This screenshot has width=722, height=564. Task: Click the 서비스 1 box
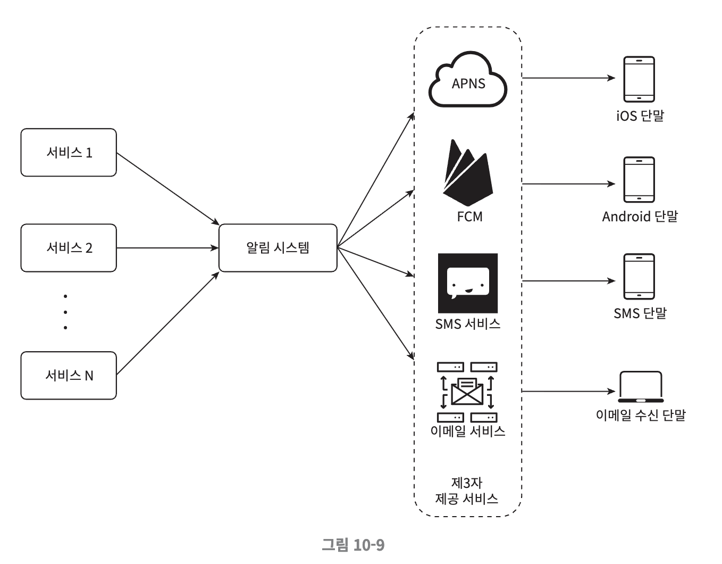[69, 153]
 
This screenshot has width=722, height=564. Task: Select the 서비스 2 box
[69, 248]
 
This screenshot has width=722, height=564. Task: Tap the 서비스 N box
[69, 376]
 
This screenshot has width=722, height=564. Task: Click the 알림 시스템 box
[278, 248]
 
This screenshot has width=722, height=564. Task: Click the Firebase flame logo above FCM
[467, 173]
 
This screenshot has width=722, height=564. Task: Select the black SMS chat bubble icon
[468, 283]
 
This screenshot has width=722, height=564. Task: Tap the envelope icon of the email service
[467, 392]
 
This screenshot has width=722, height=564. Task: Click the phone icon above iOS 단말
[639, 79]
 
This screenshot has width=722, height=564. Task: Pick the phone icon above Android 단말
[639, 180]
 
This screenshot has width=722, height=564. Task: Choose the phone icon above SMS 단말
[639, 277]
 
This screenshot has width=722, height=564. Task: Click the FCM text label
[470, 217]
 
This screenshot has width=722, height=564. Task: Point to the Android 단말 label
[640, 217]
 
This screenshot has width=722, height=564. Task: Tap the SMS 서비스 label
[468, 324]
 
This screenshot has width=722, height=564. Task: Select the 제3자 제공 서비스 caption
[467, 491]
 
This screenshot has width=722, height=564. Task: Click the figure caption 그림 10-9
[353, 545]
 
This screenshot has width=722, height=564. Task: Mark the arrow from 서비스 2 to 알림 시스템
[167, 248]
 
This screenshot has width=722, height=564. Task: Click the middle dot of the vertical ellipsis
[65, 312]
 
